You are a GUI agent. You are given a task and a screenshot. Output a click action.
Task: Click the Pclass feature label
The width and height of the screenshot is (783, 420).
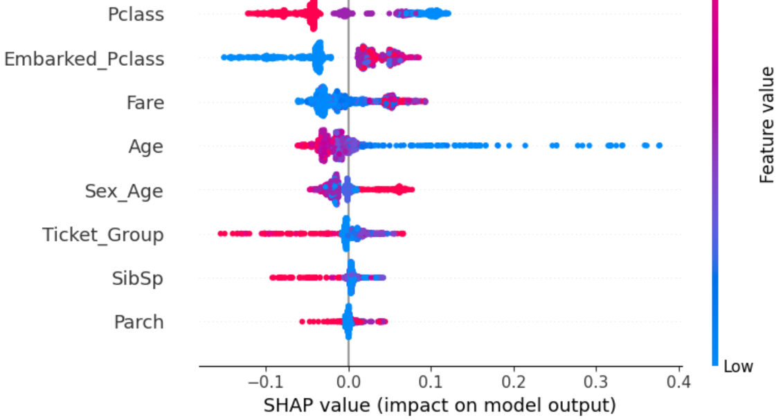click(136, 14)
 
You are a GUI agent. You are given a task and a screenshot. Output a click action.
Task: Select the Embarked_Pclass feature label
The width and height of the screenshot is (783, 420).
click(84, 58)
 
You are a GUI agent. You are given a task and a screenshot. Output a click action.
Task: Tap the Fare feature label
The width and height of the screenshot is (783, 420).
click(145, 103)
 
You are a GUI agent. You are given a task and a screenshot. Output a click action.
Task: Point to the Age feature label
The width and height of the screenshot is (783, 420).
click(146, 146)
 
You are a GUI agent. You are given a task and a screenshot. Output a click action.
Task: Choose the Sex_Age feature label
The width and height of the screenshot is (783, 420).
click(124, 191)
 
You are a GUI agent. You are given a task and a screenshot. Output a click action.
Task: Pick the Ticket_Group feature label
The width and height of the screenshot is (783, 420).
click(103, 234)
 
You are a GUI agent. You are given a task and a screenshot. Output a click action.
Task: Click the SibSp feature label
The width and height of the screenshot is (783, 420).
click(138, 278)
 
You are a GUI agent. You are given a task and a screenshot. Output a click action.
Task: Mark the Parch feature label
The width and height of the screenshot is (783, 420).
click(139, 322)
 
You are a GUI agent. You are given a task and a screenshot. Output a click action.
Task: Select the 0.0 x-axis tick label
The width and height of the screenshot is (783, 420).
click(348, 381)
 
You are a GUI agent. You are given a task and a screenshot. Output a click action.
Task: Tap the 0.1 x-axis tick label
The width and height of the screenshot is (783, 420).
click(431, 381)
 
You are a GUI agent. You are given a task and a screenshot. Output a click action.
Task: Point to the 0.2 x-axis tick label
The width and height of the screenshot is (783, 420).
click(514, 381)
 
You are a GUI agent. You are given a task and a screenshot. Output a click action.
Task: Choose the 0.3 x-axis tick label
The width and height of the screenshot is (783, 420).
click(596, 381)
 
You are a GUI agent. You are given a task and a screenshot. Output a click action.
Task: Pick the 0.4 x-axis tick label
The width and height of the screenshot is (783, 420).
click(678, 381)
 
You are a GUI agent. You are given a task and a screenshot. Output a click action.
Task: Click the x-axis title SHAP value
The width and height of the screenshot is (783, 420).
click(439, 404)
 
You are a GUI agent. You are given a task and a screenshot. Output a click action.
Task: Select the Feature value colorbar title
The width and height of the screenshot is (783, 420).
click(766, 125)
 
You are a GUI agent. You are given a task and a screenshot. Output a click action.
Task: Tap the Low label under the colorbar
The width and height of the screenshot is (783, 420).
click(738, 366)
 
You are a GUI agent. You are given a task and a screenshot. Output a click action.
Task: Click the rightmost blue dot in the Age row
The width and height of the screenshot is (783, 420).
click(658, 146)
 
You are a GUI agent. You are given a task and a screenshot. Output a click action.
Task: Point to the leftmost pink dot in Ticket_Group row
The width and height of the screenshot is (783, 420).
click(221, 234)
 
